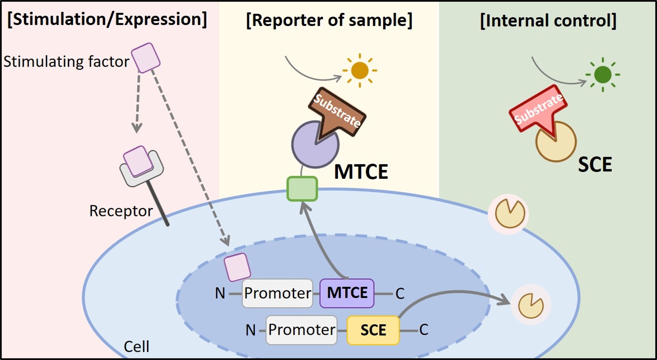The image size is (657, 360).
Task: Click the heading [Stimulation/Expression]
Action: (x=107, y=19)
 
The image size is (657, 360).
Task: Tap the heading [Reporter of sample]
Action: (x=329, y=20)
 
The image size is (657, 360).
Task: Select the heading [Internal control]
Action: (x=548, y=20)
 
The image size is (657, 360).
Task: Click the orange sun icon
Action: (x=360, y=70)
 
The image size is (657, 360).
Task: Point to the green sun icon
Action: (x=602, y=75)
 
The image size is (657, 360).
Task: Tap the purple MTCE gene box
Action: (x=347, y=293)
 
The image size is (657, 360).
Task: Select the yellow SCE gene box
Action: (x=373, y=330)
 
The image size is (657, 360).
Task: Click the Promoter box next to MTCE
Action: (x=277, y=293)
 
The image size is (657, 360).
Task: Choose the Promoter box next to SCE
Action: (x=301, y=330)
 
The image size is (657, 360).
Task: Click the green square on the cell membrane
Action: (x=302, y=189)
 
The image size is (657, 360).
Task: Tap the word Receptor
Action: (x=121, y=211)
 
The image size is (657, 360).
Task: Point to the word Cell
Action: (x=137, y=346)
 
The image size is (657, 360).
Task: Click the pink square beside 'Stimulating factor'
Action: (x=146, y=58)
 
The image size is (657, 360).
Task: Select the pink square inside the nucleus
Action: (x=237, y=267)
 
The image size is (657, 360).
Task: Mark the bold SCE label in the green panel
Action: (x=595, y=165)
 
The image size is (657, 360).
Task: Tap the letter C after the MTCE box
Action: (x=400, y=293)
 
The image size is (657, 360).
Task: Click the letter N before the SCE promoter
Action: (x=251, y=330)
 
